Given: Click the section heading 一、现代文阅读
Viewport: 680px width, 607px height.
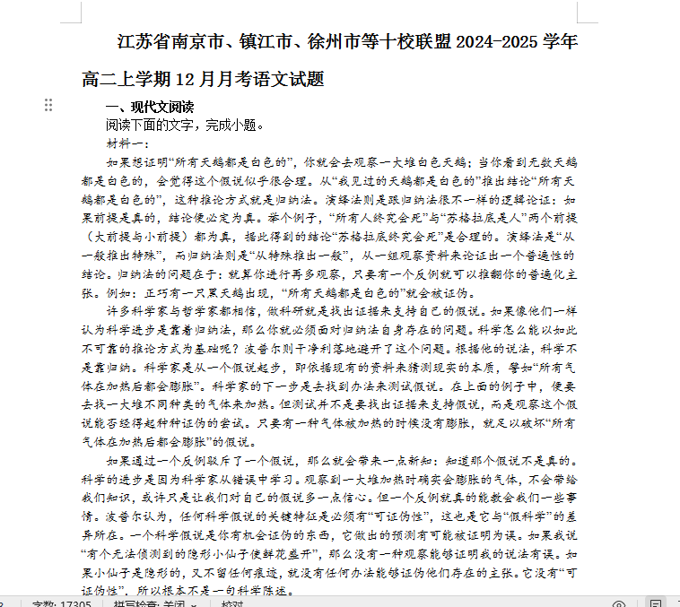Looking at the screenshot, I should click(149, 107).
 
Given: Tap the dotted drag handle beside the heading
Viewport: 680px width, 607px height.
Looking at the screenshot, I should click(48, 106).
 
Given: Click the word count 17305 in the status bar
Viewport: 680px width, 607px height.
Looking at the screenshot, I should click(74, 603).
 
